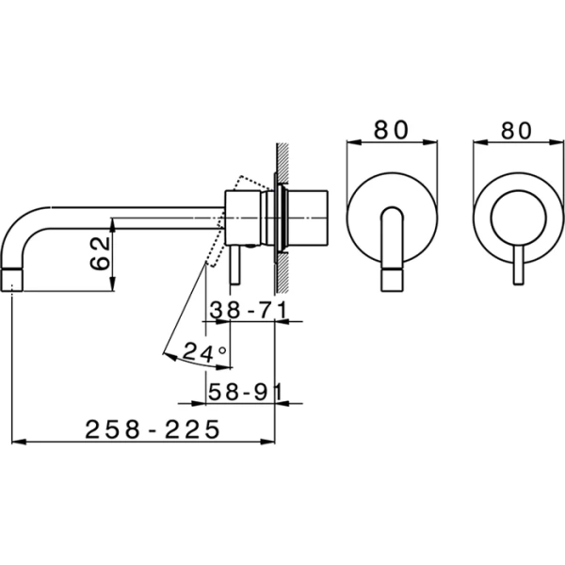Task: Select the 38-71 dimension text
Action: click(x=241, y=308)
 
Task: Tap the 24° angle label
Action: click(x=204, y=353)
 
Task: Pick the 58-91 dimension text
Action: click(x=241, y=390)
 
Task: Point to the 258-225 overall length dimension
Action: click(x=153, y=429)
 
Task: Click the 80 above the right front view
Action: click(x=515, y=130)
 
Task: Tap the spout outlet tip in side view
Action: click(x=13, y=280)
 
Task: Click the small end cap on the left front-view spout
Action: click(x=391, y=282)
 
